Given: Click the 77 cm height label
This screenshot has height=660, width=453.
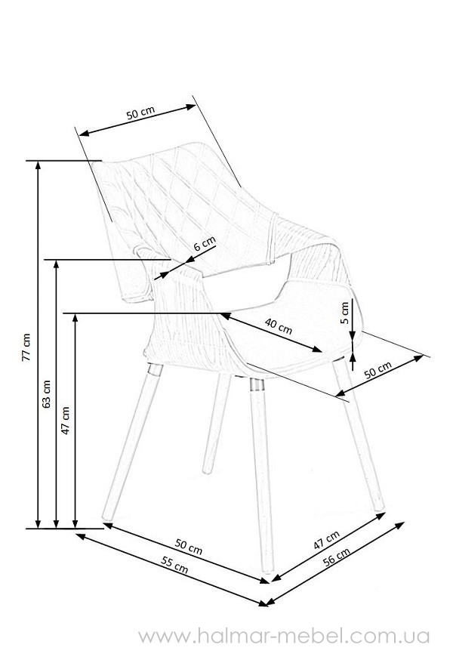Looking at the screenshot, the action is pyautogui.click(x=26, y=347).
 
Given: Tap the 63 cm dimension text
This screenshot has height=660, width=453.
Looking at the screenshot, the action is pyautogui.click(x=46, y=394).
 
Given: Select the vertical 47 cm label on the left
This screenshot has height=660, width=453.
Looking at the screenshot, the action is pyautogui.click(x=65, y=420).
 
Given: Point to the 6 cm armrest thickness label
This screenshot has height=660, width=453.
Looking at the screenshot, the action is pyautogui.click(x=205, y=243).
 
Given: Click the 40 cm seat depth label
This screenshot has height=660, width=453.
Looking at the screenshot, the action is pyautogui.click(x=279, y=325).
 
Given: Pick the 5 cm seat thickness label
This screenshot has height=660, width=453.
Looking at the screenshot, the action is pyautogui.click(x=345, y=313).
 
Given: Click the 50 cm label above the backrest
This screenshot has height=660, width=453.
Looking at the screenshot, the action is pyautogui.click(x=140, y=113).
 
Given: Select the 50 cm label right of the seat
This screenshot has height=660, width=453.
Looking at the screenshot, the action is pyautogui.click(x=377, y=370).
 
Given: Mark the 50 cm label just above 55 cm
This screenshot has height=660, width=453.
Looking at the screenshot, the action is pyautogui.click(x=189, y=547).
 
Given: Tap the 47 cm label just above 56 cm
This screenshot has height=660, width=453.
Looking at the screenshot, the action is pyautogui.click(x=327, y=540).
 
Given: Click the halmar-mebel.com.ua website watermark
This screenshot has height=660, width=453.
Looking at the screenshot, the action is pyautogui.click(x=284, y=636).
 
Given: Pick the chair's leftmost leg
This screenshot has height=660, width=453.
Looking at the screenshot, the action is pyautogui.click(x=132, y=442).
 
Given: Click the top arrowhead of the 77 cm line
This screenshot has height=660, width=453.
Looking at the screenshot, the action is pyautogui.click(x=38, y=165).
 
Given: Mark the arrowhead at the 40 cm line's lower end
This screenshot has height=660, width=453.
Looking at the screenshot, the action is pyautogui.click(x=317, y=349).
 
